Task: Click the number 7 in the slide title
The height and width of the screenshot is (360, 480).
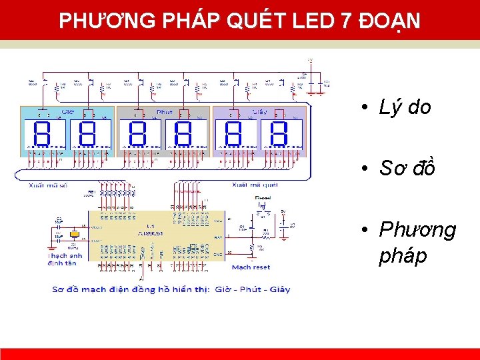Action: coord(345,21)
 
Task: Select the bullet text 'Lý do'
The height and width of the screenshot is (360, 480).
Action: coord(405,107)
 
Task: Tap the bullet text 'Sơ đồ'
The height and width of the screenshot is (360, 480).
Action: coord(407,169)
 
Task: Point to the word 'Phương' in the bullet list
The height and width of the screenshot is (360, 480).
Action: coord(417,230)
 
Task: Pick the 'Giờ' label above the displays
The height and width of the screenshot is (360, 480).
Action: coord(68,111)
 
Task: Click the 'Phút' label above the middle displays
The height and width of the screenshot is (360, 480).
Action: coord(164,112)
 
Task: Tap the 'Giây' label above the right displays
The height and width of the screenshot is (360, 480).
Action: coord(259,112)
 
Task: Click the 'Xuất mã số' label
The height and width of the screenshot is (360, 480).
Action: coord(49,184)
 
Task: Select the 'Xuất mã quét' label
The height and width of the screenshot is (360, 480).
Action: coord(255,184)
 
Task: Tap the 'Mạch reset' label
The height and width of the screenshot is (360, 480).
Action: coord(251,267)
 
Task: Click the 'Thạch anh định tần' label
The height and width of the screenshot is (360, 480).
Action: coord(65,259)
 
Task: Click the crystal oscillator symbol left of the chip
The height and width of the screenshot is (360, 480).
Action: coord(75,235)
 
